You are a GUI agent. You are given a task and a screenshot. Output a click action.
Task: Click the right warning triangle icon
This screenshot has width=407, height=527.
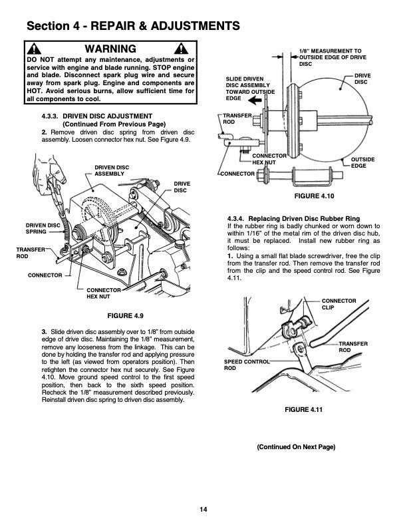pos(180,50)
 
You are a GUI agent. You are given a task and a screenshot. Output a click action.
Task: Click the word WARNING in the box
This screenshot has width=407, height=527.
pos(111,49)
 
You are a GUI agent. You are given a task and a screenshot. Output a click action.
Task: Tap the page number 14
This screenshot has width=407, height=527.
pos(203,510)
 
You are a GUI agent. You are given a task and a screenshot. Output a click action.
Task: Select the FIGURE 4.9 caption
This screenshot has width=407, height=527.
pos(117,314)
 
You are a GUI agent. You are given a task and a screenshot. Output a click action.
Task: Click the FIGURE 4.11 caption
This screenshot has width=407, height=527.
pos(303,409)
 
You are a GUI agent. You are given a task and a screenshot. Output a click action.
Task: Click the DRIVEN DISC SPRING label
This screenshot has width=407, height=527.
pos(43,228)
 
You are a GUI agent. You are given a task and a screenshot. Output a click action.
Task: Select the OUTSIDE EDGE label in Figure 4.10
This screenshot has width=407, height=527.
pos(363,162)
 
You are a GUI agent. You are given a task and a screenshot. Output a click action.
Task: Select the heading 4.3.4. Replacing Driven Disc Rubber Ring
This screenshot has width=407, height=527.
pos(294,219)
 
